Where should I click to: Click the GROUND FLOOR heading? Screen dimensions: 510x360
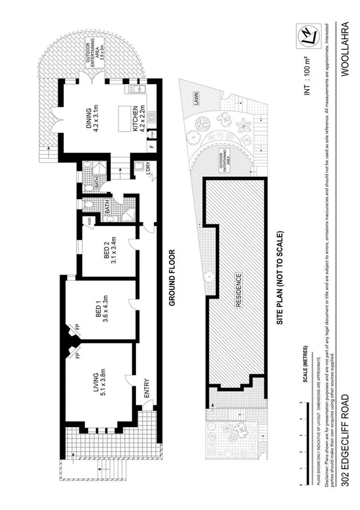171,278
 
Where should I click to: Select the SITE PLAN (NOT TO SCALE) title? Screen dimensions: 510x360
280,278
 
